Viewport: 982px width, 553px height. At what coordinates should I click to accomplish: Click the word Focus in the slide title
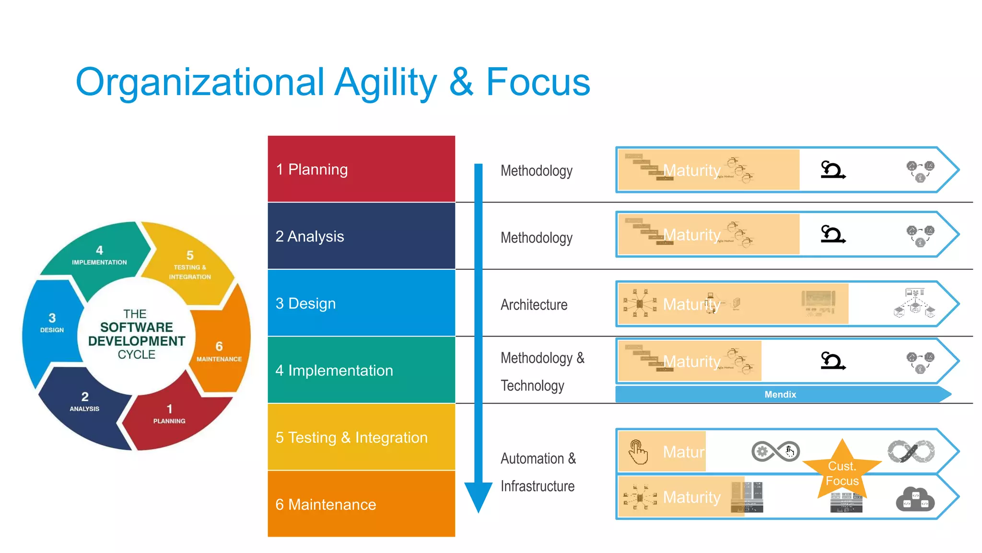click(538, 82)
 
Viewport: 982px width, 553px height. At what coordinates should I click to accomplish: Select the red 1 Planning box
click(361, 169)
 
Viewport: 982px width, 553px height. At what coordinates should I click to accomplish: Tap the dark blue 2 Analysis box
click(361, 236)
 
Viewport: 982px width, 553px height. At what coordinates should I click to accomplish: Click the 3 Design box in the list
click(361, 303)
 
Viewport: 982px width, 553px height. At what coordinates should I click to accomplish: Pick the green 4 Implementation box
click(361, 370)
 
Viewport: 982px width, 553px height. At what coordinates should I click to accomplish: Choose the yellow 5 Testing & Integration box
click(361, 437)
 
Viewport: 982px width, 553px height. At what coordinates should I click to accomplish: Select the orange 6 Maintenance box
click(361, 504)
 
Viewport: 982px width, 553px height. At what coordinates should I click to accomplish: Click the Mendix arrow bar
click(780, 394)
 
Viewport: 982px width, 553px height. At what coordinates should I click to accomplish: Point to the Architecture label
click(534, 305)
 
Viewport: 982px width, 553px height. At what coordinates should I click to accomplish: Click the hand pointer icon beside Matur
click(638, 452)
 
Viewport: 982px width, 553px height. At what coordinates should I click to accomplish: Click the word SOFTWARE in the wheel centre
click(136, 327)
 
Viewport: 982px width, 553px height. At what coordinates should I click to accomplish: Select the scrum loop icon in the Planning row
click(833, 169)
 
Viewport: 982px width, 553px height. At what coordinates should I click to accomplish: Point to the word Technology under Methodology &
click(532, 385)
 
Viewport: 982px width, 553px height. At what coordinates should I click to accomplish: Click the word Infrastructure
click(538, 486)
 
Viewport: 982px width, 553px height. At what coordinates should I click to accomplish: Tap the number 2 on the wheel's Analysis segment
click(85, 397)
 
